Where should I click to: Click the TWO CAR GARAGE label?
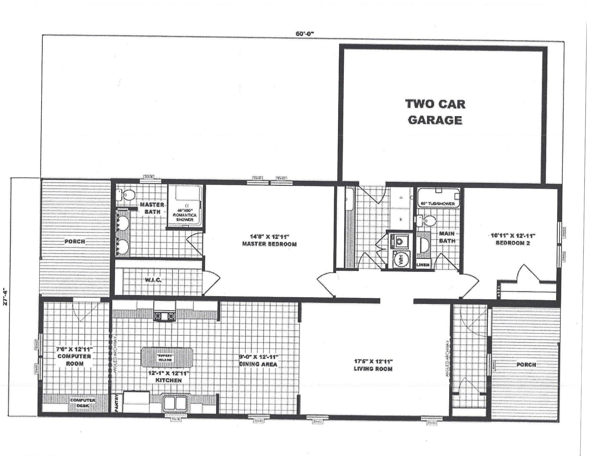pyautogui.click(x=435, y=112)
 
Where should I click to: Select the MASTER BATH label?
pyautogui.click(x=152, y=208)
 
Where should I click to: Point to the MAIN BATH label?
pyautogui.click(x=447, y=237)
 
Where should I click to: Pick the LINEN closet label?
pyautogui.click(x=423, y=265)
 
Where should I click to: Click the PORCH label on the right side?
pyautogui.click(x=526, y=365)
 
